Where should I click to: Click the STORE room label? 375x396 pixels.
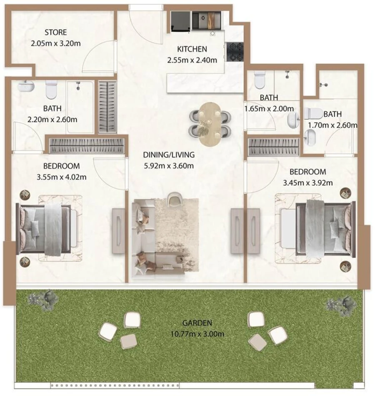pyautogui.click(x=55, y=32)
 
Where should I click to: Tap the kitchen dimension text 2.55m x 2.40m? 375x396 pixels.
pyautogui.click(x=192, y=60)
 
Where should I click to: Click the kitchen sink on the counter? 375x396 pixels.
pyautogui.click(x=204, y=19)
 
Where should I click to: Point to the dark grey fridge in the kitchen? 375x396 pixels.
pyautogui.click(x=180, y=21)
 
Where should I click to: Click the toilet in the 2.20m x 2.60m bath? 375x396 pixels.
pyautogui.click(x=51, y=89)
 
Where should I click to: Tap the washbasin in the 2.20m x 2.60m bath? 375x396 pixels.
pyautogui.click(x=26, y=86)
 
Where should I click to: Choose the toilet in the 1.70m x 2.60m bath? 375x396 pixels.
pyautogui.click(x=313, y=114)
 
